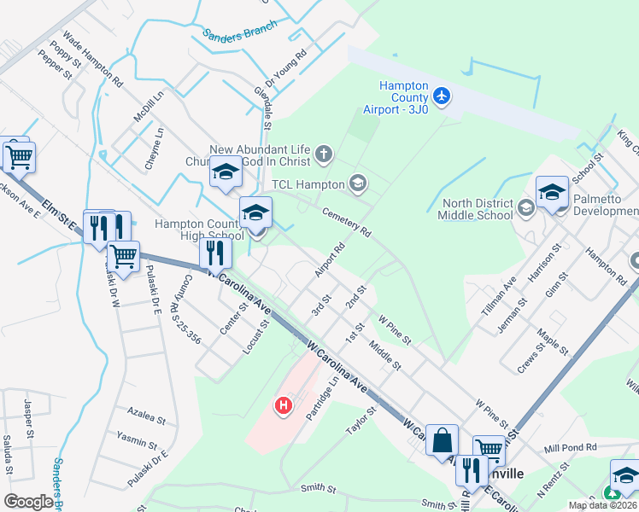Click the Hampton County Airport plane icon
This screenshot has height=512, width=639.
(442, 96)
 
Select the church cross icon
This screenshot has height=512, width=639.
(323, 154)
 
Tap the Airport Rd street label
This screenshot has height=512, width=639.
(333, 256)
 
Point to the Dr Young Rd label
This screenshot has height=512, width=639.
(285, 68)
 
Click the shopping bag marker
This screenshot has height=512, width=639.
(443, 440)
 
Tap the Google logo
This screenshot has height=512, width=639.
(27, 502)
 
